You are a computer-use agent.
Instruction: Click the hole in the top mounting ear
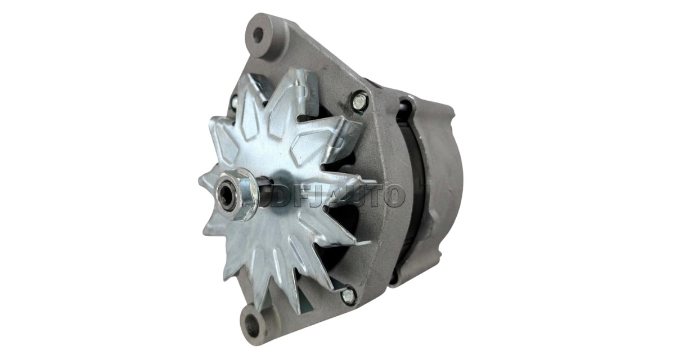258,35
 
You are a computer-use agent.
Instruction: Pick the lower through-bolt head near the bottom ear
348,295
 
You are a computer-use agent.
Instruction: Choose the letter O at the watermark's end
393,196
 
